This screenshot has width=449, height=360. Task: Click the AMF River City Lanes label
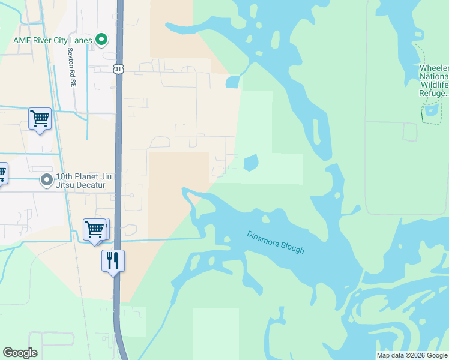click(53, 41)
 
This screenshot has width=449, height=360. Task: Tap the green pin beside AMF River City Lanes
click(102, 40)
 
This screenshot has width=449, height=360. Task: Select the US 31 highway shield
click(119, 69)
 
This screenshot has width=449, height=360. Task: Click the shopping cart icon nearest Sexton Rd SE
click(40, 119)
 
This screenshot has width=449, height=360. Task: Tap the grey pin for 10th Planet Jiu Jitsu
click(47, 180)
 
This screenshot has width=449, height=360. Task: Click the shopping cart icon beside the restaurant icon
click(95, 229)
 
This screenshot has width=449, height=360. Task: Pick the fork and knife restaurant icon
click(113, 261)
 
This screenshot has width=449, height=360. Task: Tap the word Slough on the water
click(292, 248)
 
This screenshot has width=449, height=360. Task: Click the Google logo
click(20, 353)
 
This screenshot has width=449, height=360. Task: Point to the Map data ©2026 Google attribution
click(412, 355)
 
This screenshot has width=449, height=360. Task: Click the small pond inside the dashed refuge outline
click(431, 110)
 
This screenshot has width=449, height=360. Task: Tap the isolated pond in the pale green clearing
click(250, 163)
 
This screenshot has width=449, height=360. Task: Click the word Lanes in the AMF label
click(80, 41)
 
